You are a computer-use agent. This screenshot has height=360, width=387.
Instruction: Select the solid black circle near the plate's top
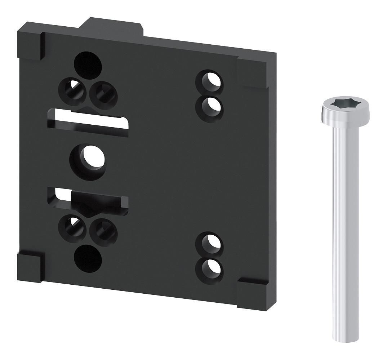coord(88,65)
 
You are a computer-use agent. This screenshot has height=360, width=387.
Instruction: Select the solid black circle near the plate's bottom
coord(88,258)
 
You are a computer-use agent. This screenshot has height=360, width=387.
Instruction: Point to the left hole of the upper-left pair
coord(76,90)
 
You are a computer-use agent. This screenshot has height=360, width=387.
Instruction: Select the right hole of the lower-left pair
coord(103,229)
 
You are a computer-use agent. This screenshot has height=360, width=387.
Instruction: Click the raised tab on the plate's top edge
coord(112,28)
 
